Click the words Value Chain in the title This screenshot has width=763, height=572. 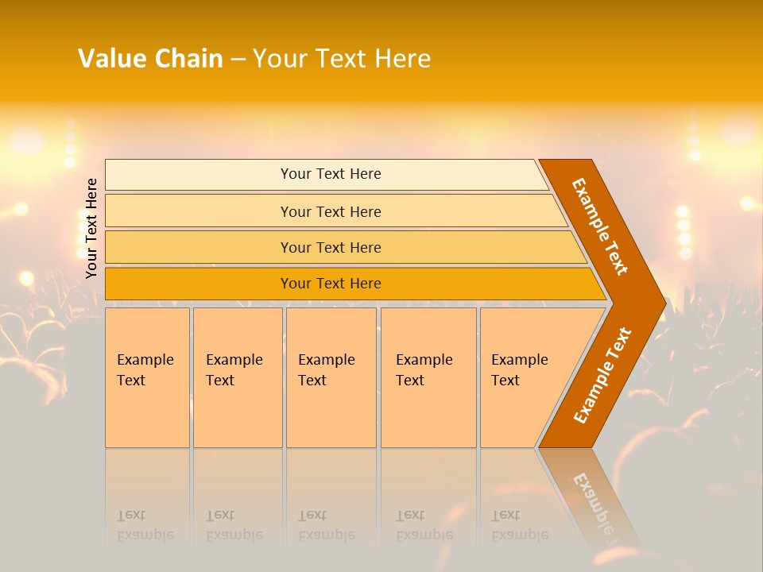pos(150,59)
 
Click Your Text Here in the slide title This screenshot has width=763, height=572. pos(342,59)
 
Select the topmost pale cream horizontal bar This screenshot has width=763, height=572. pos(199,174)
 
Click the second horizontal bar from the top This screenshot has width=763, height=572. pos(199,211)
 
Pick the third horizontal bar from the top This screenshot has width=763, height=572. pos(199,247)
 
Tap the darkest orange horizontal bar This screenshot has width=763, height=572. pos(199,284)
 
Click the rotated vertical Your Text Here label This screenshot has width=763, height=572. pos(91,228)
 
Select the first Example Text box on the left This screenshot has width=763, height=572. pos(147,377)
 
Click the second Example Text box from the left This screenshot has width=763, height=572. pos(238,377)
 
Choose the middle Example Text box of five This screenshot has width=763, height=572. pos(331,377)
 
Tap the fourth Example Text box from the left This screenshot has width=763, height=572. pos(428,377)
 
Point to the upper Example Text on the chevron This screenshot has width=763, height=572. pos(601,226)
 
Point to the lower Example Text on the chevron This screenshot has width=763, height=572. pos(602,375)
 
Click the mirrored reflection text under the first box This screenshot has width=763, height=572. pos(145,526)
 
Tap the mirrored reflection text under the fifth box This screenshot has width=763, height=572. pos(520,526)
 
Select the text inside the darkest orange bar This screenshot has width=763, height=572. pos(331,284)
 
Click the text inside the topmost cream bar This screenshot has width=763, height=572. pos(331,174)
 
